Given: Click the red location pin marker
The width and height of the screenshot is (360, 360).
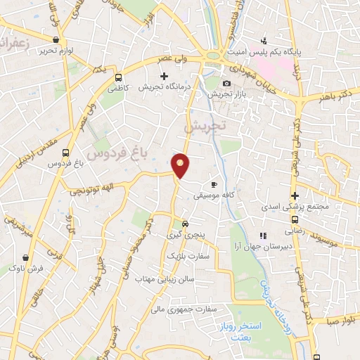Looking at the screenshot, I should [x=181, y=165].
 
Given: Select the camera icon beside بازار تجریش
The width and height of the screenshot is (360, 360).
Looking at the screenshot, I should [x=226, y=83].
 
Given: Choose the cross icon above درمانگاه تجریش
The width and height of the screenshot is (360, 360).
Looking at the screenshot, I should [x=165, y=76].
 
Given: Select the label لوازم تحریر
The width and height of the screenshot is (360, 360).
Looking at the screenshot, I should [x=56, y=51].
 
